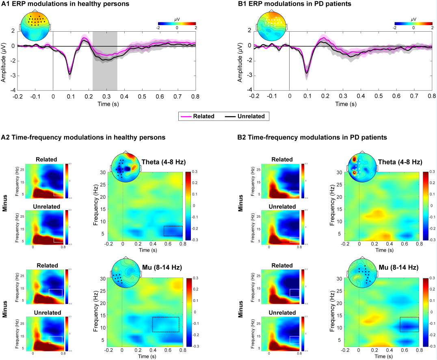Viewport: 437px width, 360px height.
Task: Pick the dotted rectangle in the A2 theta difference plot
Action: coord(173,231)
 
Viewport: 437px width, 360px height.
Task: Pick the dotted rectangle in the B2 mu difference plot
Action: coord(409,324)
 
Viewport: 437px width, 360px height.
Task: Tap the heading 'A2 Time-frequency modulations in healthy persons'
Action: coord(83,138)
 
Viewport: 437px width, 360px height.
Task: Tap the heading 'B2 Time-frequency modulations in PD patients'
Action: coord(312,138)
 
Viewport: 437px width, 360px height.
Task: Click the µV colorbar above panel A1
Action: coord(177,24)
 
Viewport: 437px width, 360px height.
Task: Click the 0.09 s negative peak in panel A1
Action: coord(70,74)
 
